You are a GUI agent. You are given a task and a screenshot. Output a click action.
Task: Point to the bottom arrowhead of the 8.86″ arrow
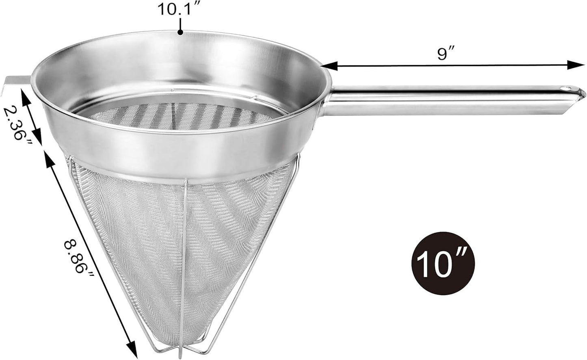coord(132,346)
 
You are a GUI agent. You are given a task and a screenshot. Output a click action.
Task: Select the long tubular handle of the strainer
coord(447,100)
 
